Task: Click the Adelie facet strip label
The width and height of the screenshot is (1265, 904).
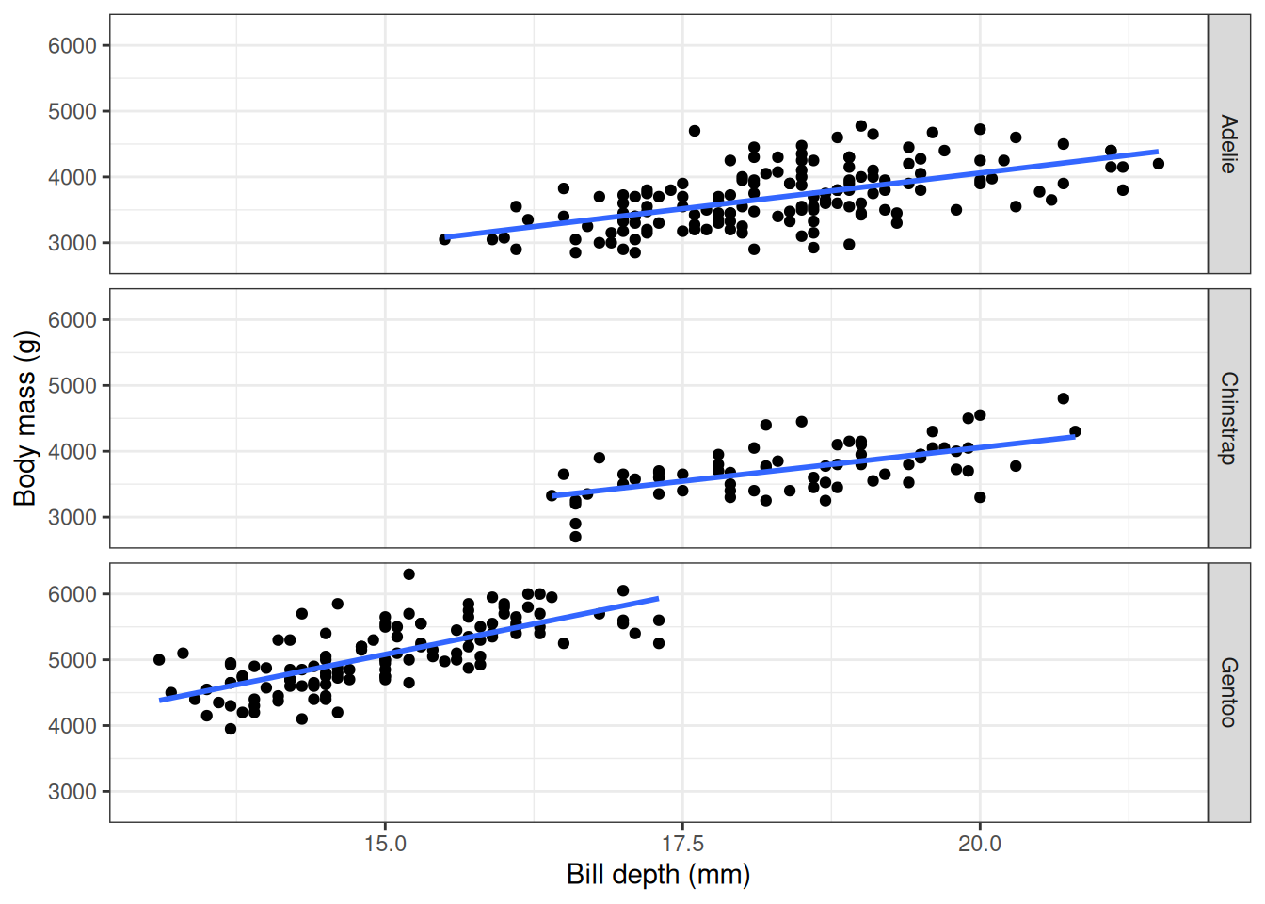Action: pyautogui.click(x=1228, y=144)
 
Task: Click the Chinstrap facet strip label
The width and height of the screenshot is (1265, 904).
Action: pyautogui.click(x=1228, y=418)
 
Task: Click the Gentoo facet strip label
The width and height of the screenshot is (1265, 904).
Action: pyautogui.click(x=1228, y=692)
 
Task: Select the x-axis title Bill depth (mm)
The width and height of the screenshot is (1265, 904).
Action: pyautogui.click(x=658, y=875)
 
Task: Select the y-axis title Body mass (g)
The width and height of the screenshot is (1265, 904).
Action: pyautogui.click(x=25, y=418)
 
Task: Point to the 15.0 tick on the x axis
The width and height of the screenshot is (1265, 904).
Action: pyautogui.click(x=385, y=844)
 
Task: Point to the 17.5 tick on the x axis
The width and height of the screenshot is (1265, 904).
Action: pyautogui.click(x=682, y=844)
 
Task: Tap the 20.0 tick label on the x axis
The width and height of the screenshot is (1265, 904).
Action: pyautogui.click(x=980, y=844)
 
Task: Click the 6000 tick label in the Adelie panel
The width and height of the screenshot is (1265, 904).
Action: pyautogui.click(x=72, y=45)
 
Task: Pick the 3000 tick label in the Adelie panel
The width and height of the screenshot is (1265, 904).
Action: pyautogui.click(x=72, y=243)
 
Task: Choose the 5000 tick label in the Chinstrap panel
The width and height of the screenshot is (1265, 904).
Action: pyautogui.click(x=72, y=386)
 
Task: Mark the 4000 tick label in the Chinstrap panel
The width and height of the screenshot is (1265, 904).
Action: pyautogui.click(x=72, y=452)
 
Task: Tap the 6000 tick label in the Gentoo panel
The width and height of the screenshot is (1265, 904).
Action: pyautogui.click(x=72, y=594)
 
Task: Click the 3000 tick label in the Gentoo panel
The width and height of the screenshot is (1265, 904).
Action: pyautogui.click(x=72, y=792)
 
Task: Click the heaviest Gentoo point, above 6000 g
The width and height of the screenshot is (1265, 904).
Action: pyautogui.click(x=408, y=574)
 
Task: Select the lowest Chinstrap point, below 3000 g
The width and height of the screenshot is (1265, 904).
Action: pyautogui.click(x=575, y=537)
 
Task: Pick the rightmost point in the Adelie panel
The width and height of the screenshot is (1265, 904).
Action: pyautogui.click(x=1159, y=164)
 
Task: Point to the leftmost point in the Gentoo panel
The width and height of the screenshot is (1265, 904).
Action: pyautogui.click(x=159, y=660)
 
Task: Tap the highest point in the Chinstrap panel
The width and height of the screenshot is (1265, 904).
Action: pyautogui.click(x=1064, y=398)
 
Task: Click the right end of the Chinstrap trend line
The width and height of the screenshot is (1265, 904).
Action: pyautogui.click(x=1074, y=436)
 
